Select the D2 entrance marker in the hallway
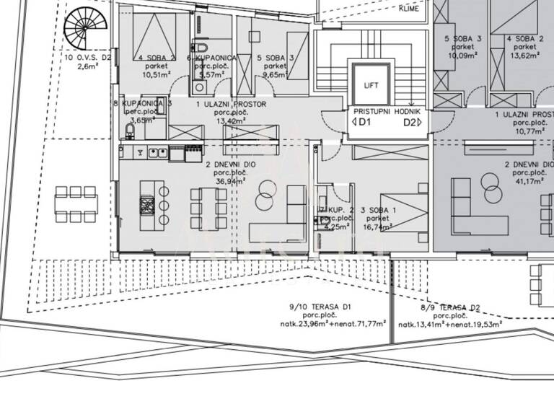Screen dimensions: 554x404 [x=412, y=123]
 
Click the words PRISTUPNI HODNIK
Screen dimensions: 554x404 [x=391, y=113]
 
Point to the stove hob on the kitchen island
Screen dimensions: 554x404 [x=146, y=205]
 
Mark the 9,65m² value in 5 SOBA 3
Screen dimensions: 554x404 [x=276, y=73]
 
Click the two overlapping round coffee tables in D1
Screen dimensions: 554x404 [x=265, y=190]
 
